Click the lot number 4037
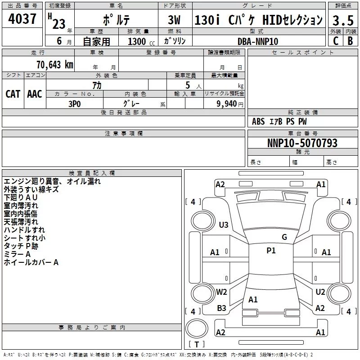(22, 18)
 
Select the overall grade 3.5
(343, 20)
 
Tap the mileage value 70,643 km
(55, 65)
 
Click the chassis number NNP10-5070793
(302, 143)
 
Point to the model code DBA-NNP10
(258, 41)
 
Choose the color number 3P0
(75, 104)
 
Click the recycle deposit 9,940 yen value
(230, 104)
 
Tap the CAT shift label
(13, 94)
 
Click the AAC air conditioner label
(35, 94)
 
